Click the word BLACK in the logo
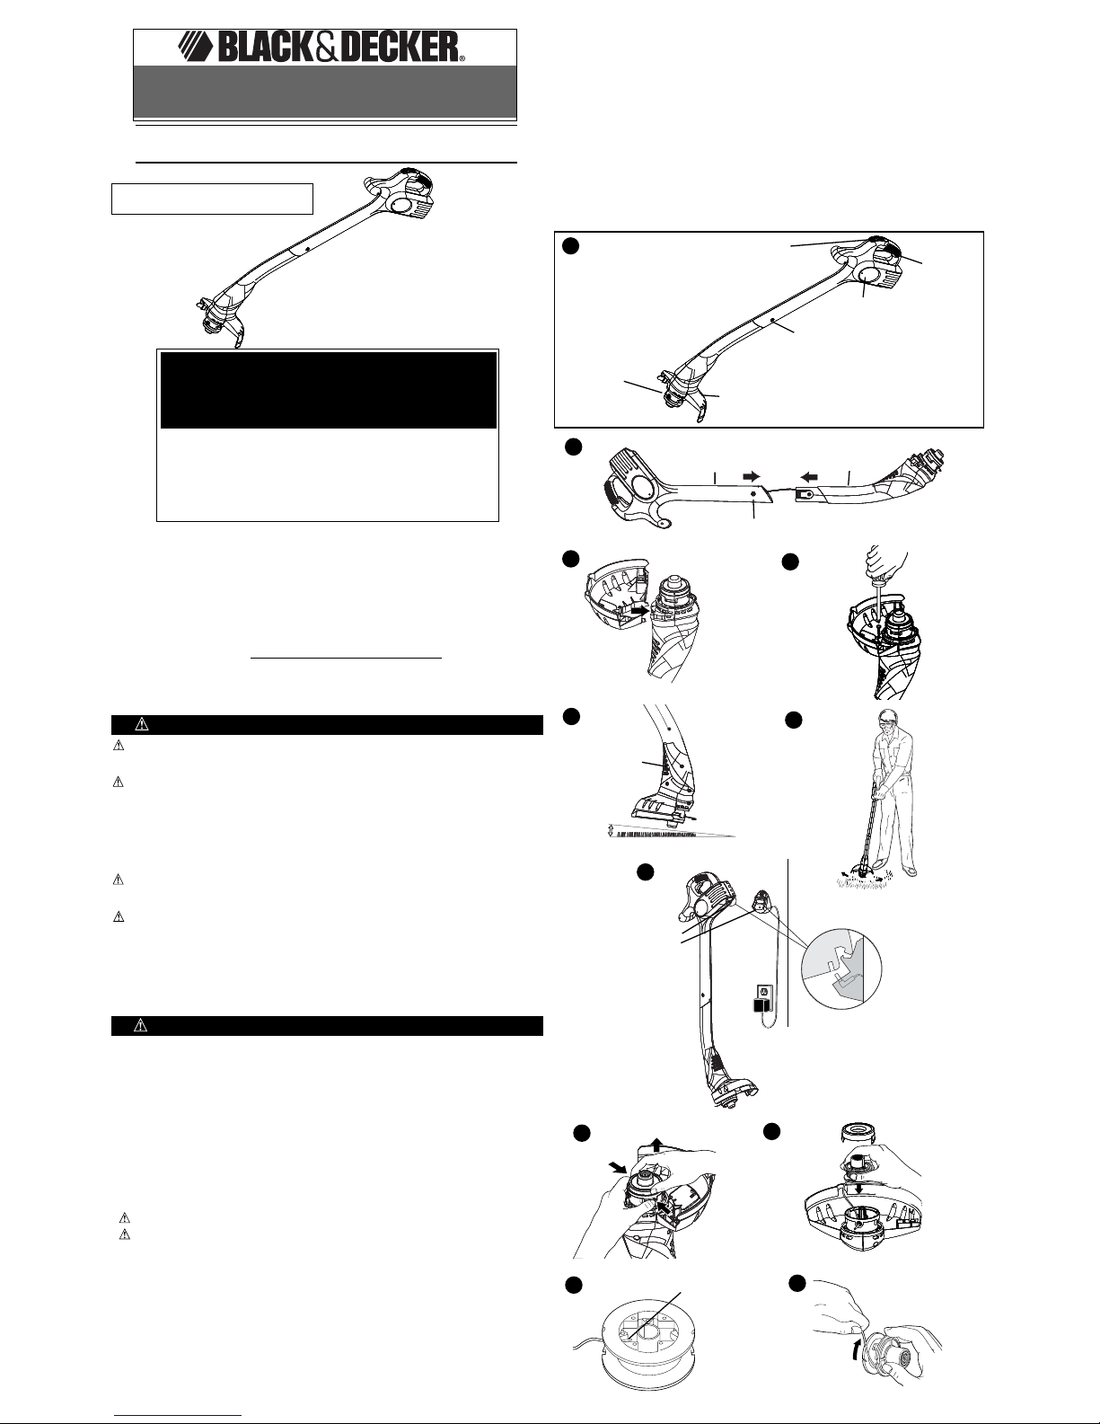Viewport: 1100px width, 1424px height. (266, 48)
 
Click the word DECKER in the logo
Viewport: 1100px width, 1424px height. (395, 48)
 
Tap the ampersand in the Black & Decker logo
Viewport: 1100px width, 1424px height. (324, 48)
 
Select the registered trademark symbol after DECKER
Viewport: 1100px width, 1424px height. (462, 58)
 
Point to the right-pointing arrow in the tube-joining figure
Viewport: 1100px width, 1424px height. (751, 476)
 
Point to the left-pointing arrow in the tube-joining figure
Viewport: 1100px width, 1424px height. (810, 476)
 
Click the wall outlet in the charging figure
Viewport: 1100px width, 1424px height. (761, 992)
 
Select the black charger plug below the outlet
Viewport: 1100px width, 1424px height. (761, 1009)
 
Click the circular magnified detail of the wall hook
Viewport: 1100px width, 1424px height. (841, 968)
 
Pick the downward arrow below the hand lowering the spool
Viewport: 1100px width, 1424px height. (858, 1187)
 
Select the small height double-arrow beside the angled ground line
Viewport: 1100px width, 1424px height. (612, 830)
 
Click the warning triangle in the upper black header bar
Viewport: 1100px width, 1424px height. (142, 724)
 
